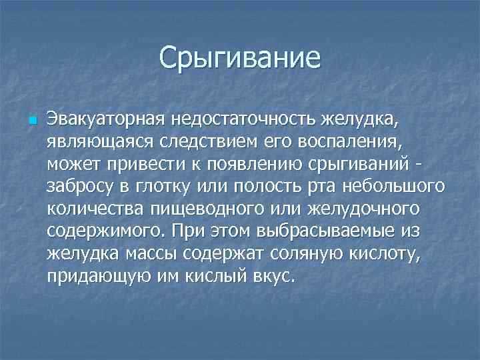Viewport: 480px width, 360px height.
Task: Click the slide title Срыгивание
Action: [240, 58]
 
